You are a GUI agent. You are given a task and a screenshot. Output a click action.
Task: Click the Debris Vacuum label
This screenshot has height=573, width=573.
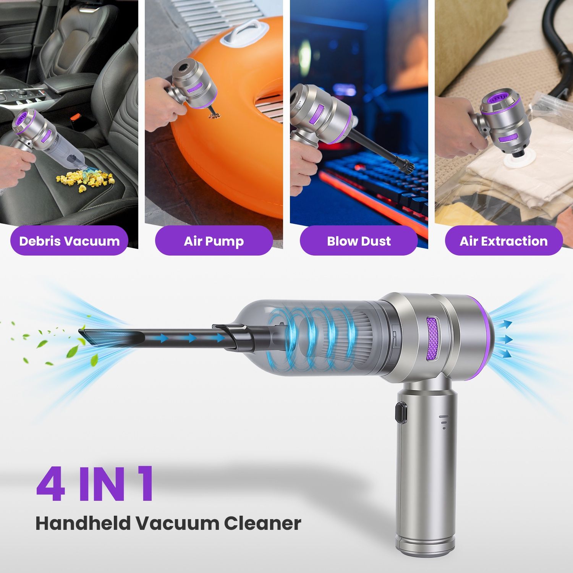69,241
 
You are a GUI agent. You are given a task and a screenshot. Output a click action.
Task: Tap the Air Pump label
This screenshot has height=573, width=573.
214,241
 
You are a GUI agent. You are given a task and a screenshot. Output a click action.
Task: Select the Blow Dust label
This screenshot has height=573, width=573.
359,241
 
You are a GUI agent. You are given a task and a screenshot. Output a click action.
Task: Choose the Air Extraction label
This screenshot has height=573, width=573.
503,241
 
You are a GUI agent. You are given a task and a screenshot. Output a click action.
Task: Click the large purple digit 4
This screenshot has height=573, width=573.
51,484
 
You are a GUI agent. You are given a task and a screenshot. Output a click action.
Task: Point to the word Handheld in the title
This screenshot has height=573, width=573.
83,523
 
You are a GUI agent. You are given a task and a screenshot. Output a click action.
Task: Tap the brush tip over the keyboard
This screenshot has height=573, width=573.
408,168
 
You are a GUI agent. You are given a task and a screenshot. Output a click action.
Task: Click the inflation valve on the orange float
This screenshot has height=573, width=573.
213,113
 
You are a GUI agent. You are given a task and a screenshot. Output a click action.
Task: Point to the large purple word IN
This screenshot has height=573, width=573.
104,484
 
